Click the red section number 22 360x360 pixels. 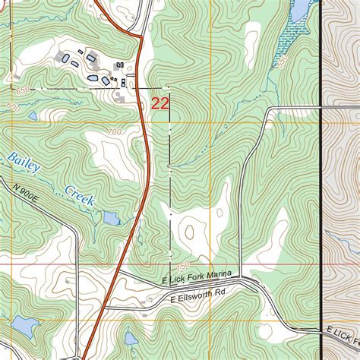(x=159, y=103)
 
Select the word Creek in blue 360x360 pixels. (x=78, y=195)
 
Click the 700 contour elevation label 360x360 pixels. (x=114, y=134)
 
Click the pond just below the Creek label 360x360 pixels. (x=111, y=219)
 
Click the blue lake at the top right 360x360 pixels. (x=298, y=11)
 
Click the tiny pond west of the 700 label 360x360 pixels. (x=32, y=116)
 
